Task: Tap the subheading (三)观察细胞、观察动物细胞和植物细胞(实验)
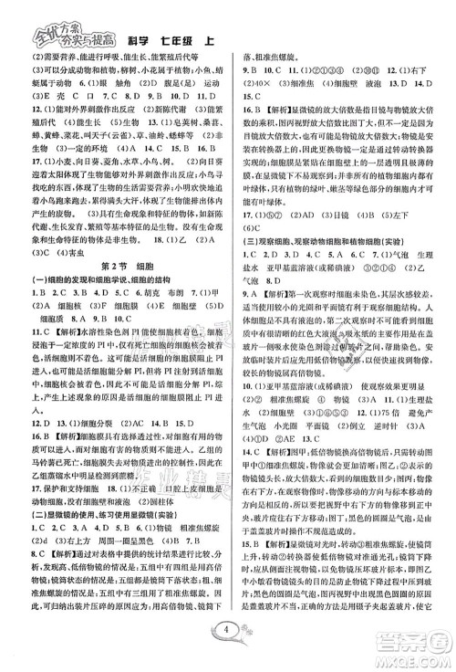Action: tap(337, 239)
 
